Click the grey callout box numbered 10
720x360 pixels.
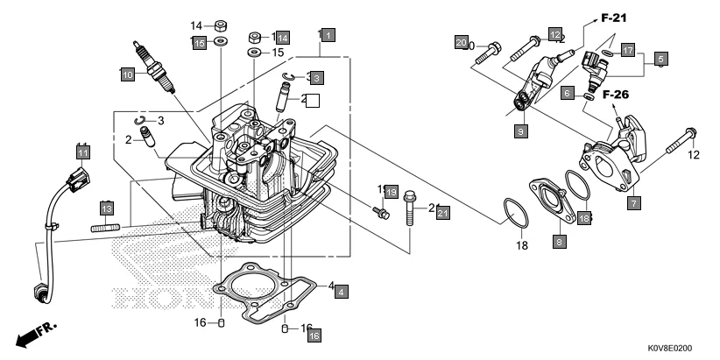127,75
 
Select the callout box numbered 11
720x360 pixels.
83,152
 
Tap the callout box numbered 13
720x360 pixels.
106,208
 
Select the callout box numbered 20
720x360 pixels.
462,41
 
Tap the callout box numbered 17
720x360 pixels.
629,50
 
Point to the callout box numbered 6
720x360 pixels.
568,92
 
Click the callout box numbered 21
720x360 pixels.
442,213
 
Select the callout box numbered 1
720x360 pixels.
325,35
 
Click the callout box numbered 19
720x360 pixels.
391,191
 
